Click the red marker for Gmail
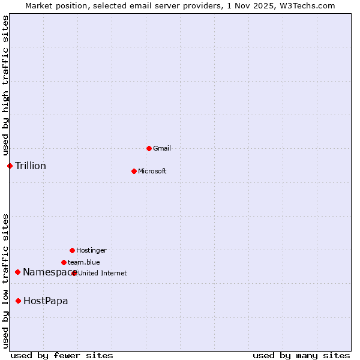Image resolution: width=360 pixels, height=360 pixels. click(x=149, y=148)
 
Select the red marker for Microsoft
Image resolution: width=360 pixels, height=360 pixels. click(x=134, y=171)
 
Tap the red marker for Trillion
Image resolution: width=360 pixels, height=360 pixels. click(x=10, y=166)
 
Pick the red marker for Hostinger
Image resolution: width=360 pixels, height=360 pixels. click(x=72, y=250)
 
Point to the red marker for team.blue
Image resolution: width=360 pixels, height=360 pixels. click(x=64, y=262)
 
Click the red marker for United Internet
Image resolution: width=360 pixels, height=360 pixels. click(x=74, y=273)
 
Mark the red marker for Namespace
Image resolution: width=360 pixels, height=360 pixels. click(x=17, y=272)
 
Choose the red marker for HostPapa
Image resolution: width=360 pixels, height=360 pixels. click(x=19, y=301)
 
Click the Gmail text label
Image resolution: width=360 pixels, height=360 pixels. click(x=162, y=148)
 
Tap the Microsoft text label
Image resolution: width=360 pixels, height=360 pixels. click(x=152, y=171)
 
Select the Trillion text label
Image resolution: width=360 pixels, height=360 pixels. click(x=31, y=166)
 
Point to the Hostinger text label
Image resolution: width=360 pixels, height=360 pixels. click(x=91, y=250)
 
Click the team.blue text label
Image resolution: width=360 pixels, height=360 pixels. click(x=84, y=262)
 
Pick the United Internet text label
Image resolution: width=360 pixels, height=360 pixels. click(x=103, y=273)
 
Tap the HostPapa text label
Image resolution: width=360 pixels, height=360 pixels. click(x=46, y=301)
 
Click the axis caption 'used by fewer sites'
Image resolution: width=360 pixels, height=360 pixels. click(x=62, y=355)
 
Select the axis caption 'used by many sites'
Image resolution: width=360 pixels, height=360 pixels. click(x=301, y=355)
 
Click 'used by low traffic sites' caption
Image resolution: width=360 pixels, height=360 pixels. click(x=6, y=280)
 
